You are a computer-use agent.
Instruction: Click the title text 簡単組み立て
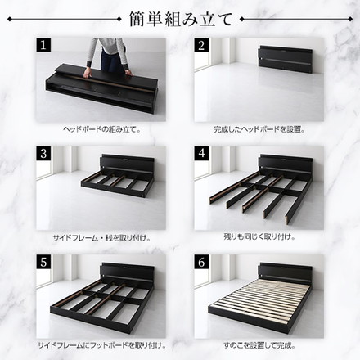tap(179, 18)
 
